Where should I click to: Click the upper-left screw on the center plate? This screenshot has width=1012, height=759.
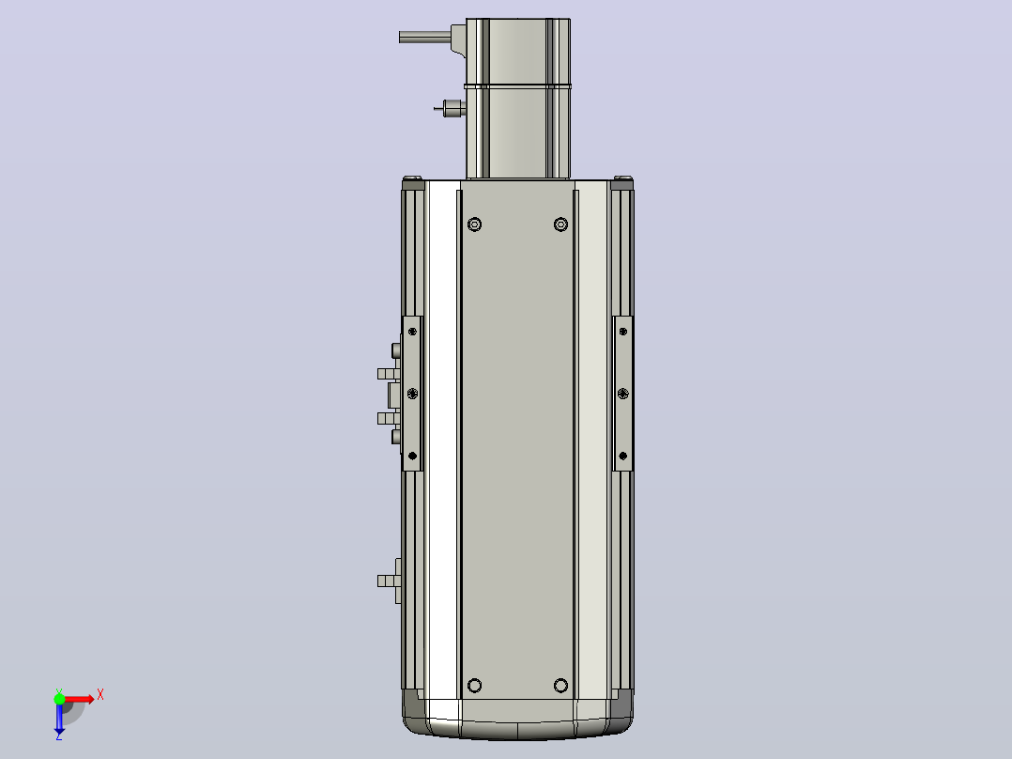[474, 225]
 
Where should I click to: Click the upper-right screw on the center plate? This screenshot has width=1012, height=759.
[560, 225]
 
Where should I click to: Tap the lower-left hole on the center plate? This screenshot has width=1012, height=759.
[474, 686]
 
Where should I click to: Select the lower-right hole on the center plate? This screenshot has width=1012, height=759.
[560, 686]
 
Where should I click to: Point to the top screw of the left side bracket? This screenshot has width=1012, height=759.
[412, 332]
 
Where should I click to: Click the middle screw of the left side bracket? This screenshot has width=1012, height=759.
[412, 394]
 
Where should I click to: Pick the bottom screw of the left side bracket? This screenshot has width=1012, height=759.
[412, 456]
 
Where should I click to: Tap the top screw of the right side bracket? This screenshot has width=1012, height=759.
[622, 332]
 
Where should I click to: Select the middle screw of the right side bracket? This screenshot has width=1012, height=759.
[622, 394]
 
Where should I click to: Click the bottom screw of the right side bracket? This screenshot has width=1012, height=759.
[622, 456]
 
